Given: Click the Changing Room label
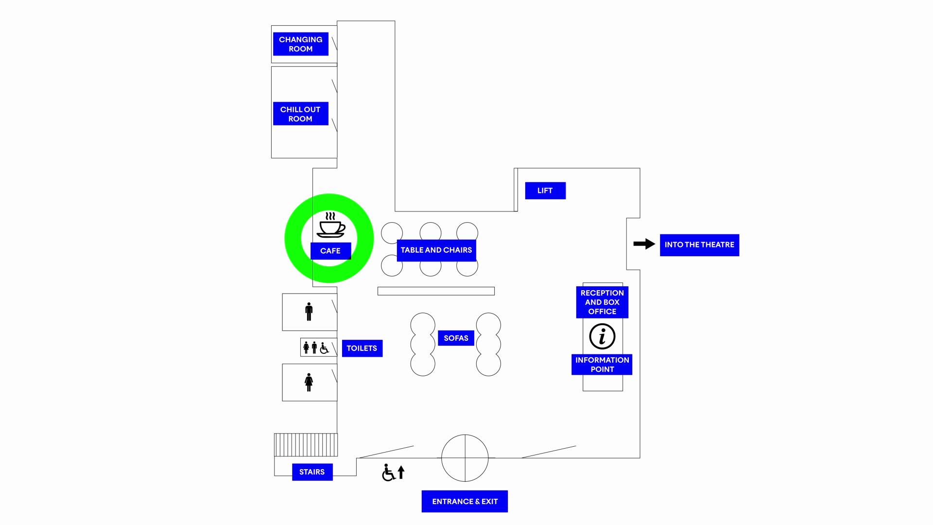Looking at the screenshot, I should (300, 44).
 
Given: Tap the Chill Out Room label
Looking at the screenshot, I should (300, 114).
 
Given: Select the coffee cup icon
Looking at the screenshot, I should (331, 225).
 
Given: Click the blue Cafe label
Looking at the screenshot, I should (330, 251).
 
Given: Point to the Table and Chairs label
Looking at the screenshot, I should (436, 250).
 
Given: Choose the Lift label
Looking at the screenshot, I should (545, 191).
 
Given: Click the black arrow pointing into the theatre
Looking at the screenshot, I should (644, 244).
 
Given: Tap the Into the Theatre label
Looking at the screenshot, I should (699, 245).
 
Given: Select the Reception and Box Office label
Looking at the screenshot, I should (602, 302).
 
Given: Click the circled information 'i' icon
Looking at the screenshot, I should (602, 336).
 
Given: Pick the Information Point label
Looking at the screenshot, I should (602, 365).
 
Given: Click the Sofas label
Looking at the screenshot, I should (456, 338).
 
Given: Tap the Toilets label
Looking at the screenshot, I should (362, 349).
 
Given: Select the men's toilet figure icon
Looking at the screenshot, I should (309, 312).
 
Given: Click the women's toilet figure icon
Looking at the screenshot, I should (309, 382).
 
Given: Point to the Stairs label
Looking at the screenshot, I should (312, 472).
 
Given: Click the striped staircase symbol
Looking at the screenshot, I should (306, 445).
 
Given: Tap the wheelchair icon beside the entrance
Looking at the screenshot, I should (388, 472).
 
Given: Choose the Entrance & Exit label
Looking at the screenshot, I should (465, 502).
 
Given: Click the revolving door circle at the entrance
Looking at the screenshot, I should (465, 458).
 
